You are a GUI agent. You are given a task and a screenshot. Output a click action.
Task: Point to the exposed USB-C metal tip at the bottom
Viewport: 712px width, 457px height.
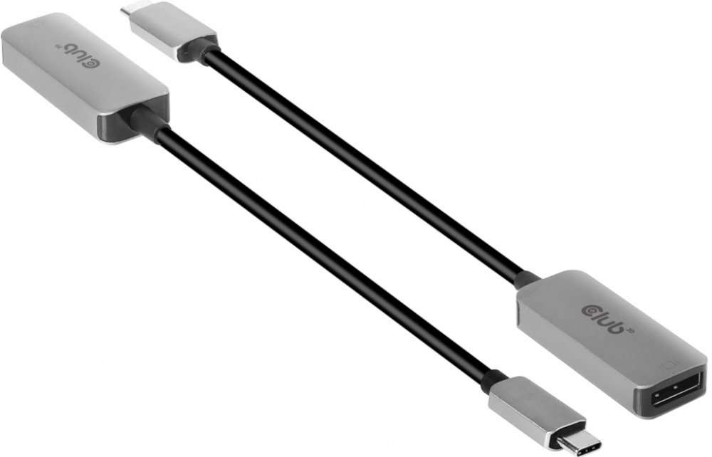576,437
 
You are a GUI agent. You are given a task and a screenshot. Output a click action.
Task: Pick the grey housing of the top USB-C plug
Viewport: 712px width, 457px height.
172,28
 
